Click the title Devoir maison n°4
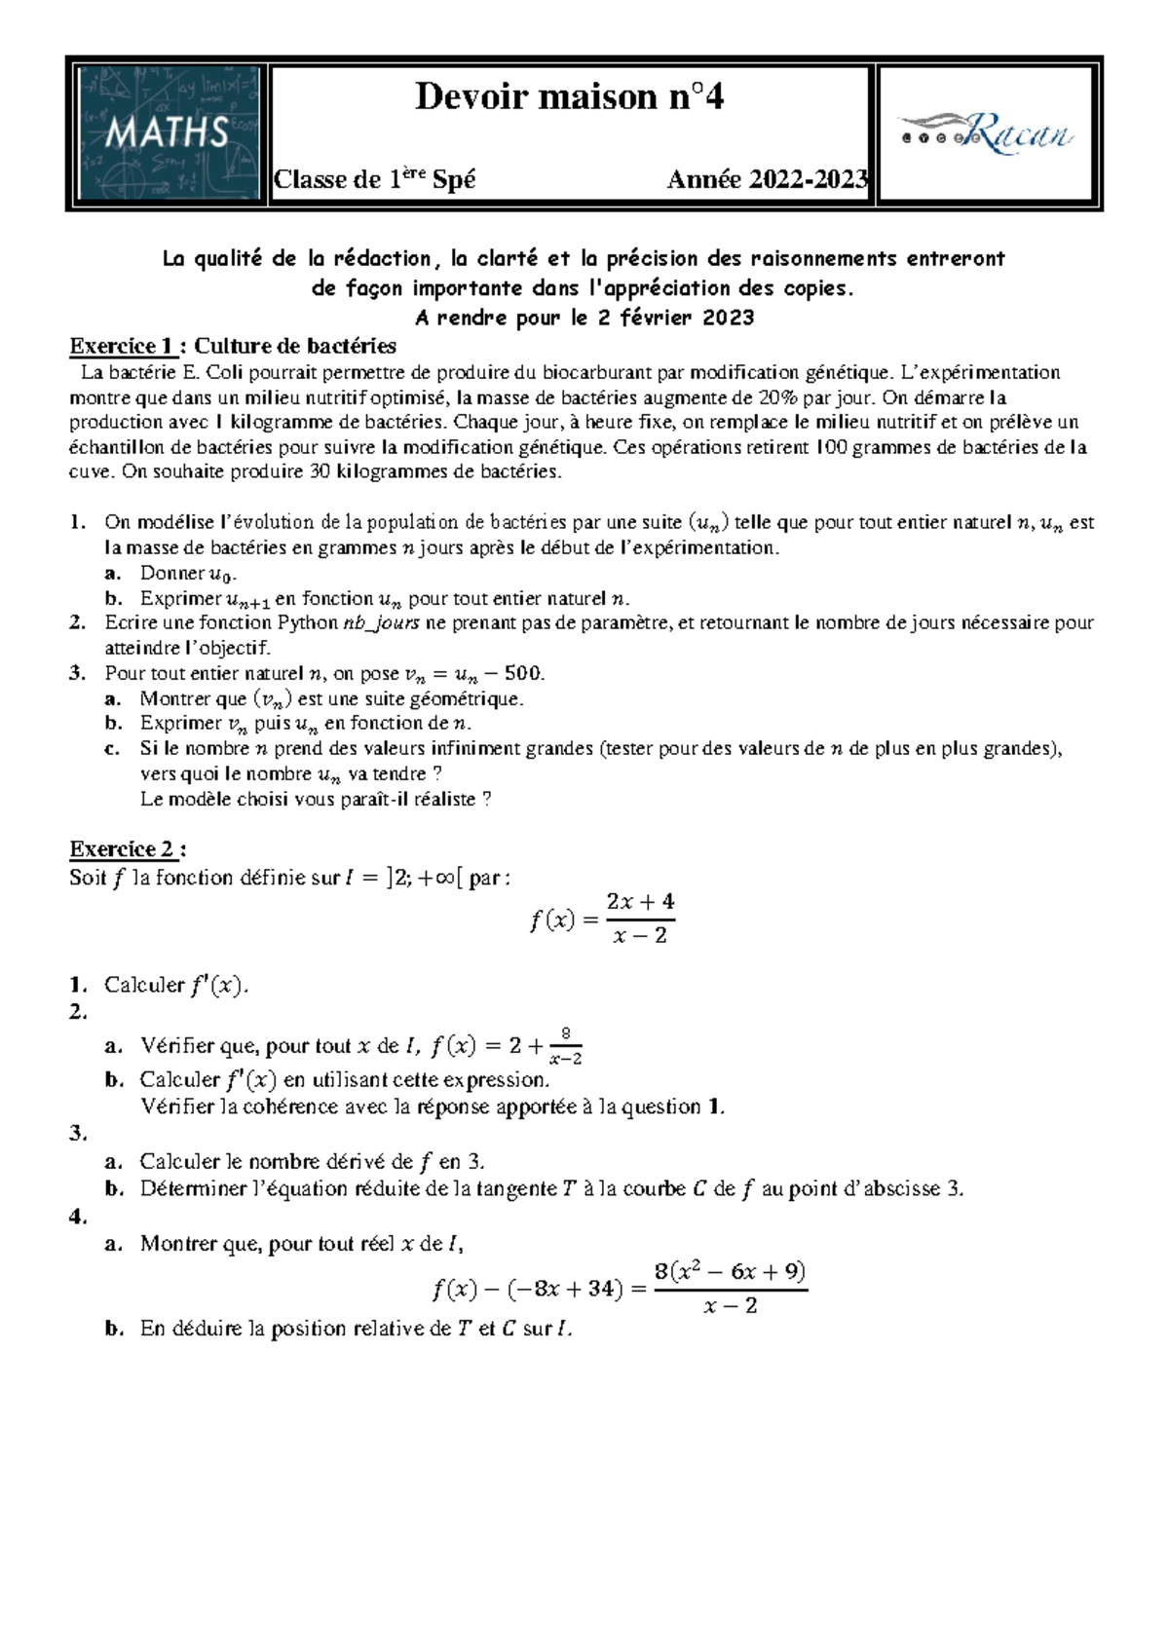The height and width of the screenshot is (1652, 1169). pyautogui.click(x=569, y=97)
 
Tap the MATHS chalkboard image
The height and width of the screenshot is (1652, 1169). pyautogui.click(x=168, y=133)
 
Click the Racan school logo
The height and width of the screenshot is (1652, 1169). pyautogui.click(x=985, y=133)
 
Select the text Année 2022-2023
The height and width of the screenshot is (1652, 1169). pyautogui.click(x=767, y=180)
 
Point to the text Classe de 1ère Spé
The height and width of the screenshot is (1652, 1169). pyautogui.click(x=374, y=180)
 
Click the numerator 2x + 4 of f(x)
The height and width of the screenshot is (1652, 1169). pyautogui.click(x=639, y=902)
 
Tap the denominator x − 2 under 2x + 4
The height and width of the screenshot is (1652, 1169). pyautogui.click(x=639, y=936)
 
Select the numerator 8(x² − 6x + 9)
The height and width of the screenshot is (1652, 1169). pyautogui.click(x=730, y=1272)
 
